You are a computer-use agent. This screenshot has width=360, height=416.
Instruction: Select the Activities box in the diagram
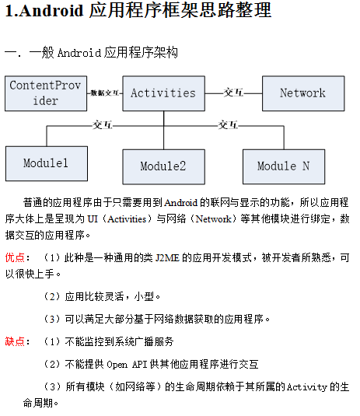point(163,93)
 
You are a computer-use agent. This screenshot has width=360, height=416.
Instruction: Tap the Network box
point(302,93)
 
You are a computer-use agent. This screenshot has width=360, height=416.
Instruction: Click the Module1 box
point(46,163)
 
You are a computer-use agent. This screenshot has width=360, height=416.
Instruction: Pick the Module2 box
point(163,166)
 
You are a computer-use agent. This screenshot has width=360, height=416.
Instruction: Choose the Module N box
point(283,166)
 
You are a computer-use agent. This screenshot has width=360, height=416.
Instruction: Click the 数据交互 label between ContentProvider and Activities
point(104,93)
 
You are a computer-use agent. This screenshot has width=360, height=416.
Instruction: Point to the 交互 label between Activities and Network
point(233,93)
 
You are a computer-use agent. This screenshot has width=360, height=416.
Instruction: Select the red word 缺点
point(16,341)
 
